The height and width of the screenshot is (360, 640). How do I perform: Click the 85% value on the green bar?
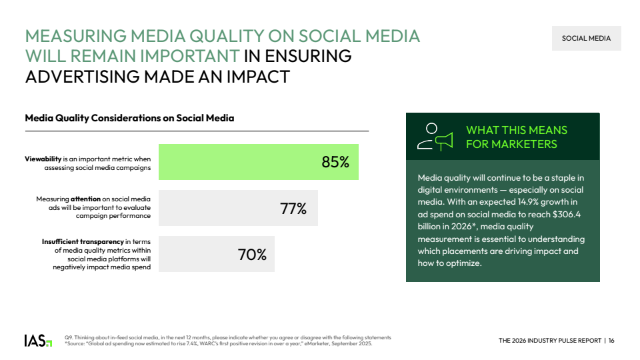tap(335, 162)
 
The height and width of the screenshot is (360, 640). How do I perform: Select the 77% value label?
tap(293, 209)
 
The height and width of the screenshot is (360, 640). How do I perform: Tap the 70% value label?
tap(252, 255)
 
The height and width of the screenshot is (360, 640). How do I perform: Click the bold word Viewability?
tap(43, 159)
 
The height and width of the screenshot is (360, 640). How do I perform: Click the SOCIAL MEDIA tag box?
tap(586, 39)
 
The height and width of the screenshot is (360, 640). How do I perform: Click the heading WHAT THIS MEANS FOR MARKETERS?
tap(516, 137)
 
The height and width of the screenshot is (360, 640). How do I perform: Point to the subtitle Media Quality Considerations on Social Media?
tap(129, 119)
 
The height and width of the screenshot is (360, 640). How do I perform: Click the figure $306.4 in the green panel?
tap(565, 215)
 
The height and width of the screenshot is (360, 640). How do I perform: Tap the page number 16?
tap(611, 341)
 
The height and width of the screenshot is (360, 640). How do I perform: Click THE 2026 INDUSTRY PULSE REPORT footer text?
tap(549, 341)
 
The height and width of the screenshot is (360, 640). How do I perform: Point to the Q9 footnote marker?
tap(68, 337)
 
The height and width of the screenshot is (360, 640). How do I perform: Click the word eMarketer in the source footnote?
tap(317, 344)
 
